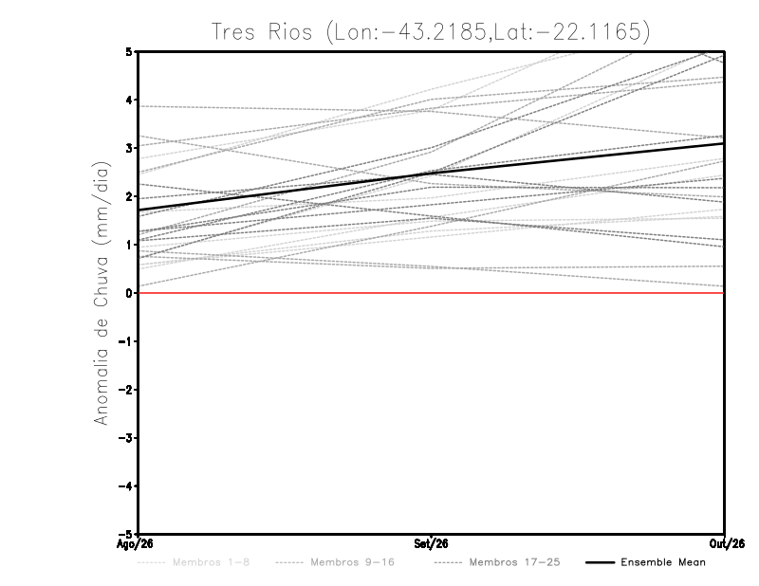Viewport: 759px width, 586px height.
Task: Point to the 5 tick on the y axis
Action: point(129,51)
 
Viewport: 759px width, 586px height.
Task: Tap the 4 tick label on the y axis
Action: point(129,101)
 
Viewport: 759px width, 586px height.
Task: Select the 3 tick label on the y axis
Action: point(129,148)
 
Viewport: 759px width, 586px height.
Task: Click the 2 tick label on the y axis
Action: point(129,196)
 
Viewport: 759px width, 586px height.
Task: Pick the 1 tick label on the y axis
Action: point(129,245)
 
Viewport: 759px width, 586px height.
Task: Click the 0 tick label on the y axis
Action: point(129,293)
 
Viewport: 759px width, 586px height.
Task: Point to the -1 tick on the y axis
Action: point(125,341)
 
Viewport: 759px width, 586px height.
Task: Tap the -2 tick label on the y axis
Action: point(125,390)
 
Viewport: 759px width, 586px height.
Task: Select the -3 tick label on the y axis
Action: point(125,438)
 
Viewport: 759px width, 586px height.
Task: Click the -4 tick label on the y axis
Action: point(125,485)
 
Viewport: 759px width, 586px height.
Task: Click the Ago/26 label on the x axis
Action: point(135,544)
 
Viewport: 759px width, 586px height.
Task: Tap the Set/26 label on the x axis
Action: point(431,544)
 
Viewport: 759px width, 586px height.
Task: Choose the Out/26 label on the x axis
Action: point(727,544)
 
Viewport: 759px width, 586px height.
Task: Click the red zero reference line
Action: point(431,293)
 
